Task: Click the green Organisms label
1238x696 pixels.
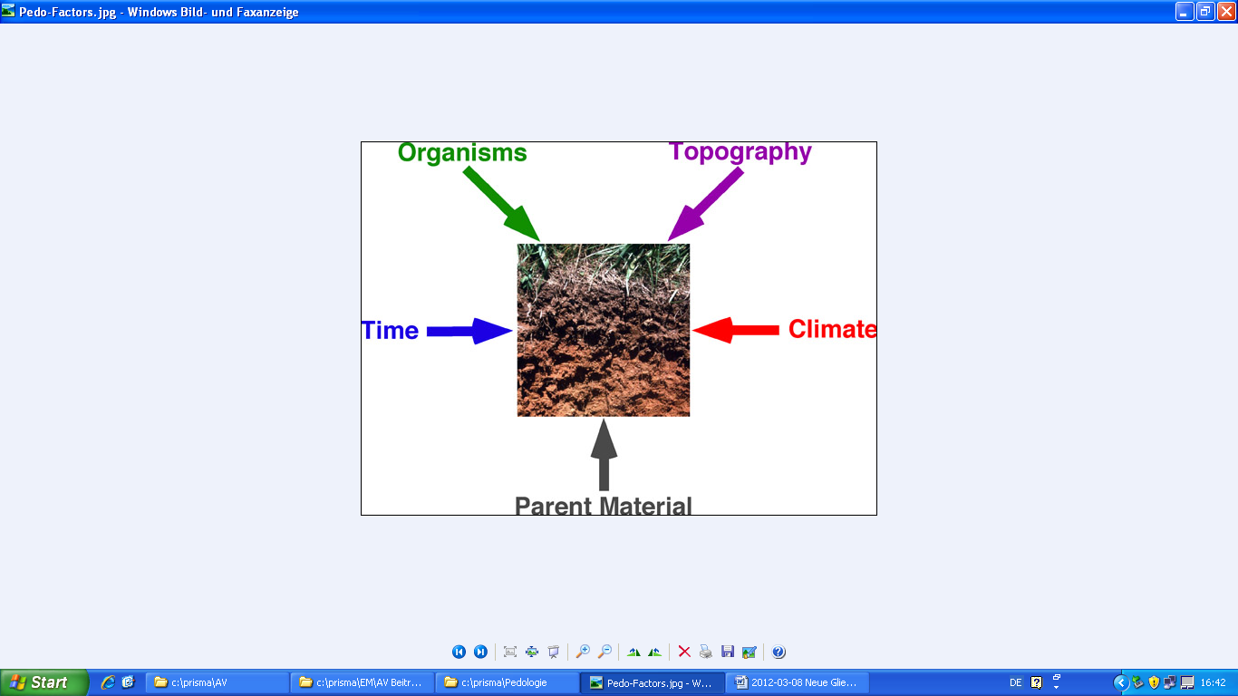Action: [x=462, y=152]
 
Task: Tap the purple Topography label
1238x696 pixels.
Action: [x=740, y=152]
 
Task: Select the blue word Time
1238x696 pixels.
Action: [x=391, y=331]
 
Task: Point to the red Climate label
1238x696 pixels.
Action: [x=832, y=329]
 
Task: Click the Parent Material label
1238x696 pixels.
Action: [x=603, y=506]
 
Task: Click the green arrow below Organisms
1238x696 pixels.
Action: [x=502, y=204]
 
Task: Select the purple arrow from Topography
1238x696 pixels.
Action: [x=706, y=204]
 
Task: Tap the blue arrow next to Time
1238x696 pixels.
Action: [x=469, y=331]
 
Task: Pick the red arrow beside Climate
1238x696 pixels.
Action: [x=736, y=330]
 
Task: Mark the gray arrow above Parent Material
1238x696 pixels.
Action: [x=604, y=454]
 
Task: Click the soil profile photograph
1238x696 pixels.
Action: [x=604, y=330]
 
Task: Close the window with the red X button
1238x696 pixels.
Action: [x=1226, y=12]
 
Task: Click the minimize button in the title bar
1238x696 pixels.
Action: [x=1184, y=12]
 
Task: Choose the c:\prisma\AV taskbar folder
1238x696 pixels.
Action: [x=217, y=682]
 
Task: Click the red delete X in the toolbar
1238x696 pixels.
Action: [x=684, y=652]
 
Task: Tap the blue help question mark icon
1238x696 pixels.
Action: [x=779, y=652]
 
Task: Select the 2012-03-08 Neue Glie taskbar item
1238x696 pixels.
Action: [x=797, y=682]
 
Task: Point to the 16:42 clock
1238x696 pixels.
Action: [x=1214, y=682]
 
